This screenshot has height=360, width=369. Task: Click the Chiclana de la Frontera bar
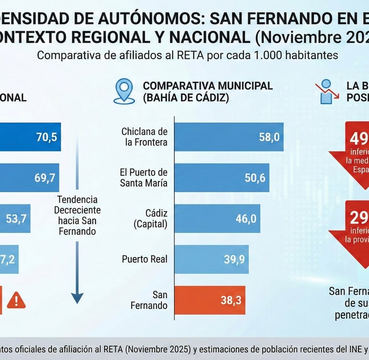(229, 137)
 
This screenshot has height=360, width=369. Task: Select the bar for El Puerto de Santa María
(221, 178)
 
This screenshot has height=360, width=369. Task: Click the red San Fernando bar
(209, 300)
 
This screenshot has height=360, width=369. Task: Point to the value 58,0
(269, 137)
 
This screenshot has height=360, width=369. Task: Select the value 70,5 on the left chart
(47, 137)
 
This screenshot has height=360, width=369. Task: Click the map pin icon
(124, 91)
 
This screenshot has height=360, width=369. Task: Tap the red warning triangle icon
(16, 300)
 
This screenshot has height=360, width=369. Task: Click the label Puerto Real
(145, 259)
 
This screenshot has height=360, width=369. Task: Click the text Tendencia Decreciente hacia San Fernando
(77, 215)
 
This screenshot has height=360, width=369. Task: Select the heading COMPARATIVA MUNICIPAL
(208, 86)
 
